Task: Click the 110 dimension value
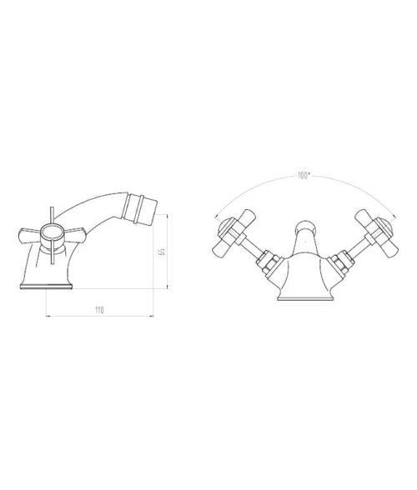pos(99,310)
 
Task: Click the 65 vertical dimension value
pos(162,252)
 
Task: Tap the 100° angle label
pos(304,176)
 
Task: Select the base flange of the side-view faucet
pos(47,287)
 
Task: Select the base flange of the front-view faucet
pos(304,298)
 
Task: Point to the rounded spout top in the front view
pos(304,227)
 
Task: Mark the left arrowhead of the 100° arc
pos(215,217)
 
